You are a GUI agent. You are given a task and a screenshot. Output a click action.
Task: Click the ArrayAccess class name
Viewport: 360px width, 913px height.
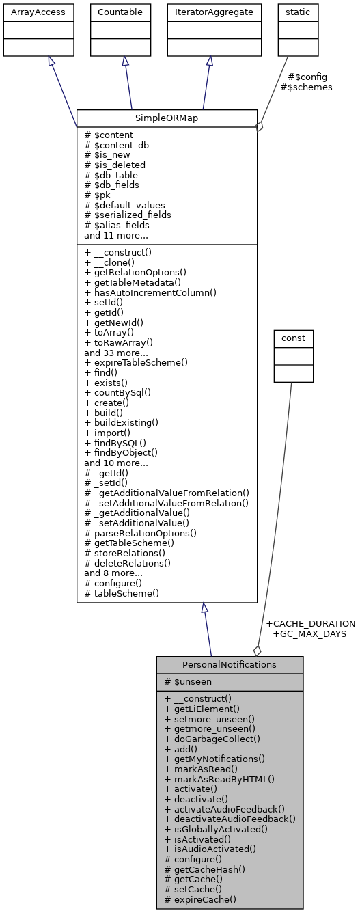tap(38, 12)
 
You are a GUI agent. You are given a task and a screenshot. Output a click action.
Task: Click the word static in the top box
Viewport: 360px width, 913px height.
tap(298, 12)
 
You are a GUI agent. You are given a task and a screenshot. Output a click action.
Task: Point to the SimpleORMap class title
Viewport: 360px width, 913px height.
tap(167, 118)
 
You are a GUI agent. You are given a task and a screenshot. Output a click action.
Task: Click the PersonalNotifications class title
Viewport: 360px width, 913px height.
tap(230, 664)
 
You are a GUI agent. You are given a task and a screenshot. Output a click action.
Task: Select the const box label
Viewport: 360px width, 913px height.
tap(294, 338)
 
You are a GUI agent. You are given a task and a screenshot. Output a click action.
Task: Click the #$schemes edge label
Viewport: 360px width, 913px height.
tap(306, 87)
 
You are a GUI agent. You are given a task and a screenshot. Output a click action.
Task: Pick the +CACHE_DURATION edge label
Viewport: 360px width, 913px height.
tap(310, 623)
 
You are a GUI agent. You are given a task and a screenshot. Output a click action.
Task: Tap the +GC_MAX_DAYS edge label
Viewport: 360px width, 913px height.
tap(309, 633)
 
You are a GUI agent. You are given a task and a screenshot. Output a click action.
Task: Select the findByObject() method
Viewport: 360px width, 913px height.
tap(121, 452)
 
